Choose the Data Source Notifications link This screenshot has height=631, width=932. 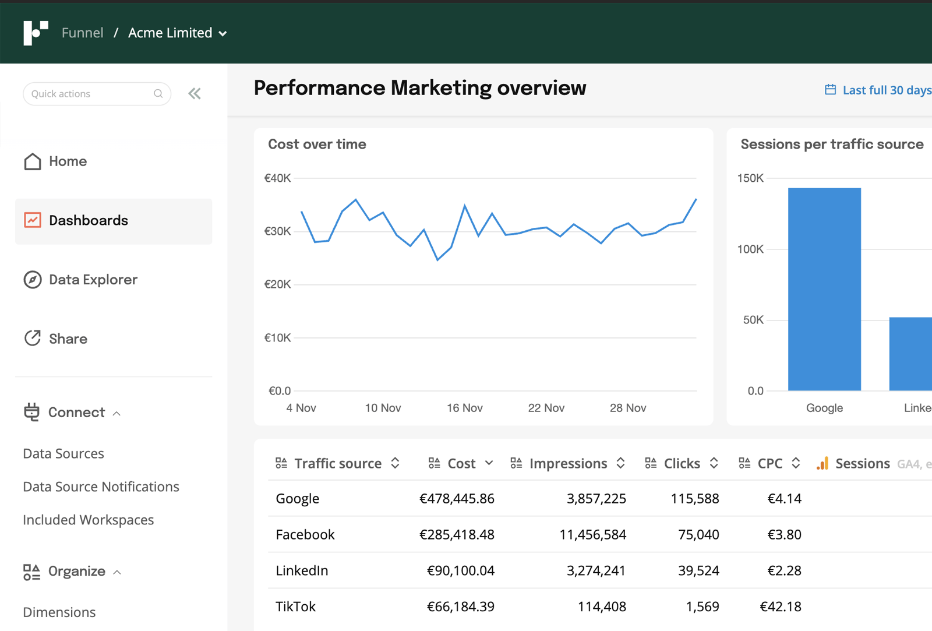point(101,487)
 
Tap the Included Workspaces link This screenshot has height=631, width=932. point(88,520)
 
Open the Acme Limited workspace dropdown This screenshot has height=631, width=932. point(177,33)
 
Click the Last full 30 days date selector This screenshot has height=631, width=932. point(880,90)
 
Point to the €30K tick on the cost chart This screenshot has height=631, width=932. point(277,231)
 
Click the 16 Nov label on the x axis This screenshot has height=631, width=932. point(464,408)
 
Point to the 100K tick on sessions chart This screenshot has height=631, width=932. point(750,249)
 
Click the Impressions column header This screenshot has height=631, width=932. point(568,463)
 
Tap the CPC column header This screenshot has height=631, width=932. point(769,463)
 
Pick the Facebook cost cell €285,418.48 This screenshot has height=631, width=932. point(457,534)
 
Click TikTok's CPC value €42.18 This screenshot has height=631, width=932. point(781,607)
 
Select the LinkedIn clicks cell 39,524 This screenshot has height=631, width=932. point(698,570)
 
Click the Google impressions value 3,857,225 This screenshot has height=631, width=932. point(596,499)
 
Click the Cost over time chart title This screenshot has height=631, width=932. point(317,144)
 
